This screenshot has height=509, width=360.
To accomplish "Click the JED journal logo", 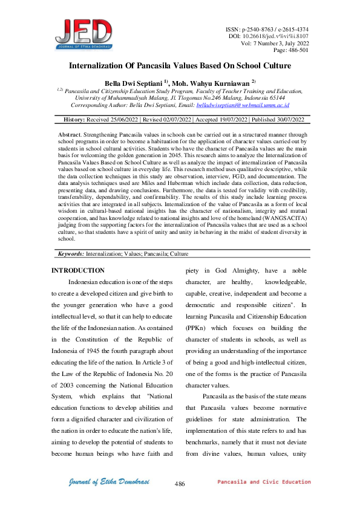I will [x=83, y=34].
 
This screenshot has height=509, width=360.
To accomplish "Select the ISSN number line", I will [x=275, y=29].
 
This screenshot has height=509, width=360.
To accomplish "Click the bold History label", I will [x=74, y=120].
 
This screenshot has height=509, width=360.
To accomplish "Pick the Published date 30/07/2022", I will [x=284, y=120].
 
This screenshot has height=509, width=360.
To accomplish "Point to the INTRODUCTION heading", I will [x=78, y=270].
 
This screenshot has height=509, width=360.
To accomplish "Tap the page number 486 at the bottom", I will [x=179, y=484].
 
